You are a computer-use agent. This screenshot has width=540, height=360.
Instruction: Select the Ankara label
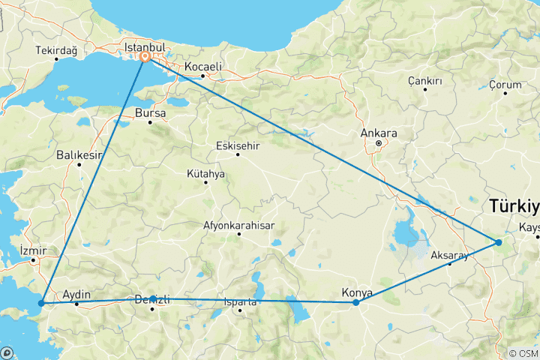tap(378, 133)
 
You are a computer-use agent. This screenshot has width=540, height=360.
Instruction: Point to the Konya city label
tap(357, 292)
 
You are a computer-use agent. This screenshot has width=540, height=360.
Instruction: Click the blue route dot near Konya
tap(356, 302)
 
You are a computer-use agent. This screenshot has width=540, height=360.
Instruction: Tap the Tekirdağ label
tap(55, 51)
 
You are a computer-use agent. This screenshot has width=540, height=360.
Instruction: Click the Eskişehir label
tap(237, 145)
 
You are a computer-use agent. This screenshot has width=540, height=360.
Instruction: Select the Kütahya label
tap(205, 173)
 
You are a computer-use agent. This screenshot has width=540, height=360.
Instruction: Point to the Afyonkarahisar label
tap(238, 225)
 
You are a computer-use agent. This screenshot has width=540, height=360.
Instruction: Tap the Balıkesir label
tap(79, 155)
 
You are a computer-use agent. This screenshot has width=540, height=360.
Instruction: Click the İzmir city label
tap(34, 250)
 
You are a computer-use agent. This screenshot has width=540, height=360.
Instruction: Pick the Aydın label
tap(78, 295)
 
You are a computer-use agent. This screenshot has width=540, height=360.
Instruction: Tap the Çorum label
tap(504, 85)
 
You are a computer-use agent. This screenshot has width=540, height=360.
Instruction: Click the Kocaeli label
tap(202, 67)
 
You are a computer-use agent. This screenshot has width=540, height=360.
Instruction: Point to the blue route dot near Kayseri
tap(498, 242)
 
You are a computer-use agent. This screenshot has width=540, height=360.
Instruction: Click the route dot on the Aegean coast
tap(41, 303)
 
